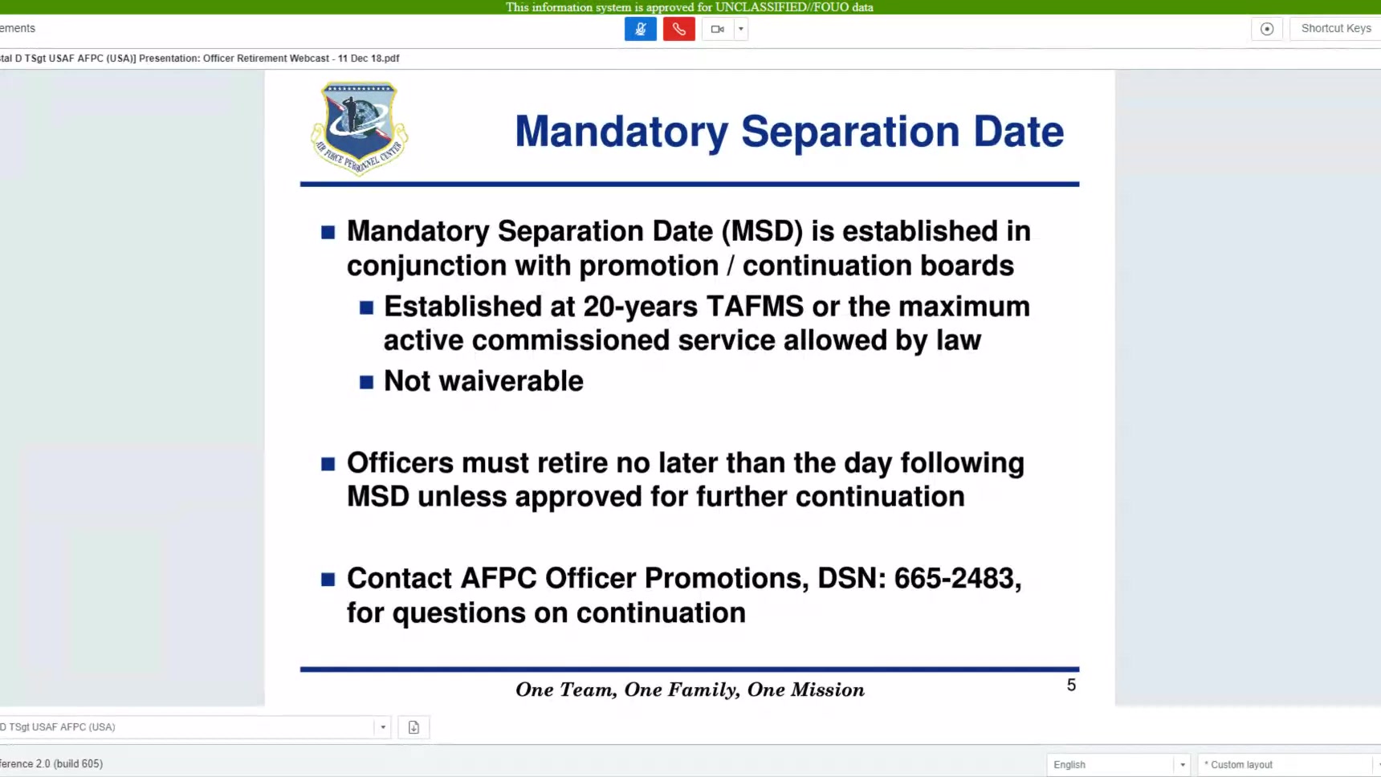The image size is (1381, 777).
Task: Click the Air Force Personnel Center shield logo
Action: (x=360, y=127)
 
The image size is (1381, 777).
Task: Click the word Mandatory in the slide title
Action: (x=621, y=132)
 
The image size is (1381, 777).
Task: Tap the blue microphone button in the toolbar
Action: (x=641, y=29)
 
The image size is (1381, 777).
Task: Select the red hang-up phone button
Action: (x=679, y=29)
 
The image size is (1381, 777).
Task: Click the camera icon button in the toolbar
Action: (x=718, y=29)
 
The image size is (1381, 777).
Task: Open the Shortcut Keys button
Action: (x=1336, y=28)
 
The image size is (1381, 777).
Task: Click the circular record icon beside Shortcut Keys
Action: (x=1267, y=29)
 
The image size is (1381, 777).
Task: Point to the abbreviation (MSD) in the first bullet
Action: (x=762, y=231)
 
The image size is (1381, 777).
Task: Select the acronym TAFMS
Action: (x=755, y=306)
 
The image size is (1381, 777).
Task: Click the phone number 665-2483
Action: (x=958, y=578)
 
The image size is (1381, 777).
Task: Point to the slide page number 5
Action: (x=1071, y=685)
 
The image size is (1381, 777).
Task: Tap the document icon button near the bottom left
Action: (x=413, y=727)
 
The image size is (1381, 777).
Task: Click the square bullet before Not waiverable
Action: (x=366, y=382)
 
